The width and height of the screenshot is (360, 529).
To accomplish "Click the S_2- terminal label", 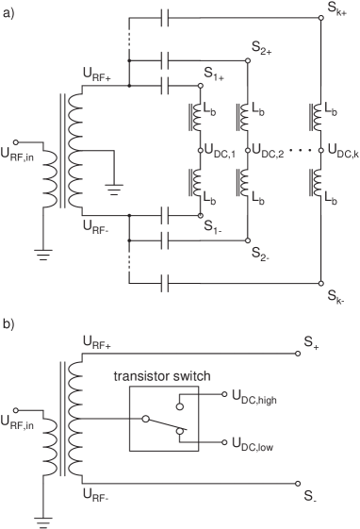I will pos(261,254).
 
